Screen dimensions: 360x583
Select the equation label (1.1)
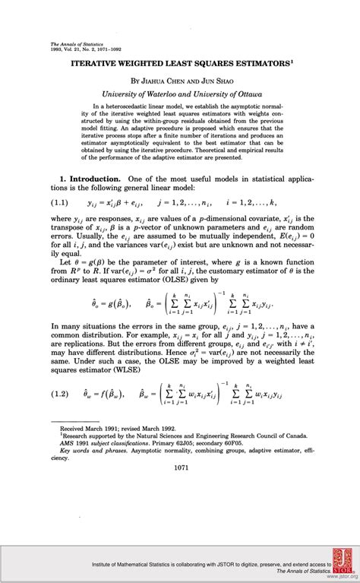tap(62, 204)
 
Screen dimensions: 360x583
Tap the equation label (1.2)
tap(62, 393)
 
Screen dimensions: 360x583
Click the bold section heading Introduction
tap(95, 179)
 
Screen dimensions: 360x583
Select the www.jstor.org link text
tap(339, 577)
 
